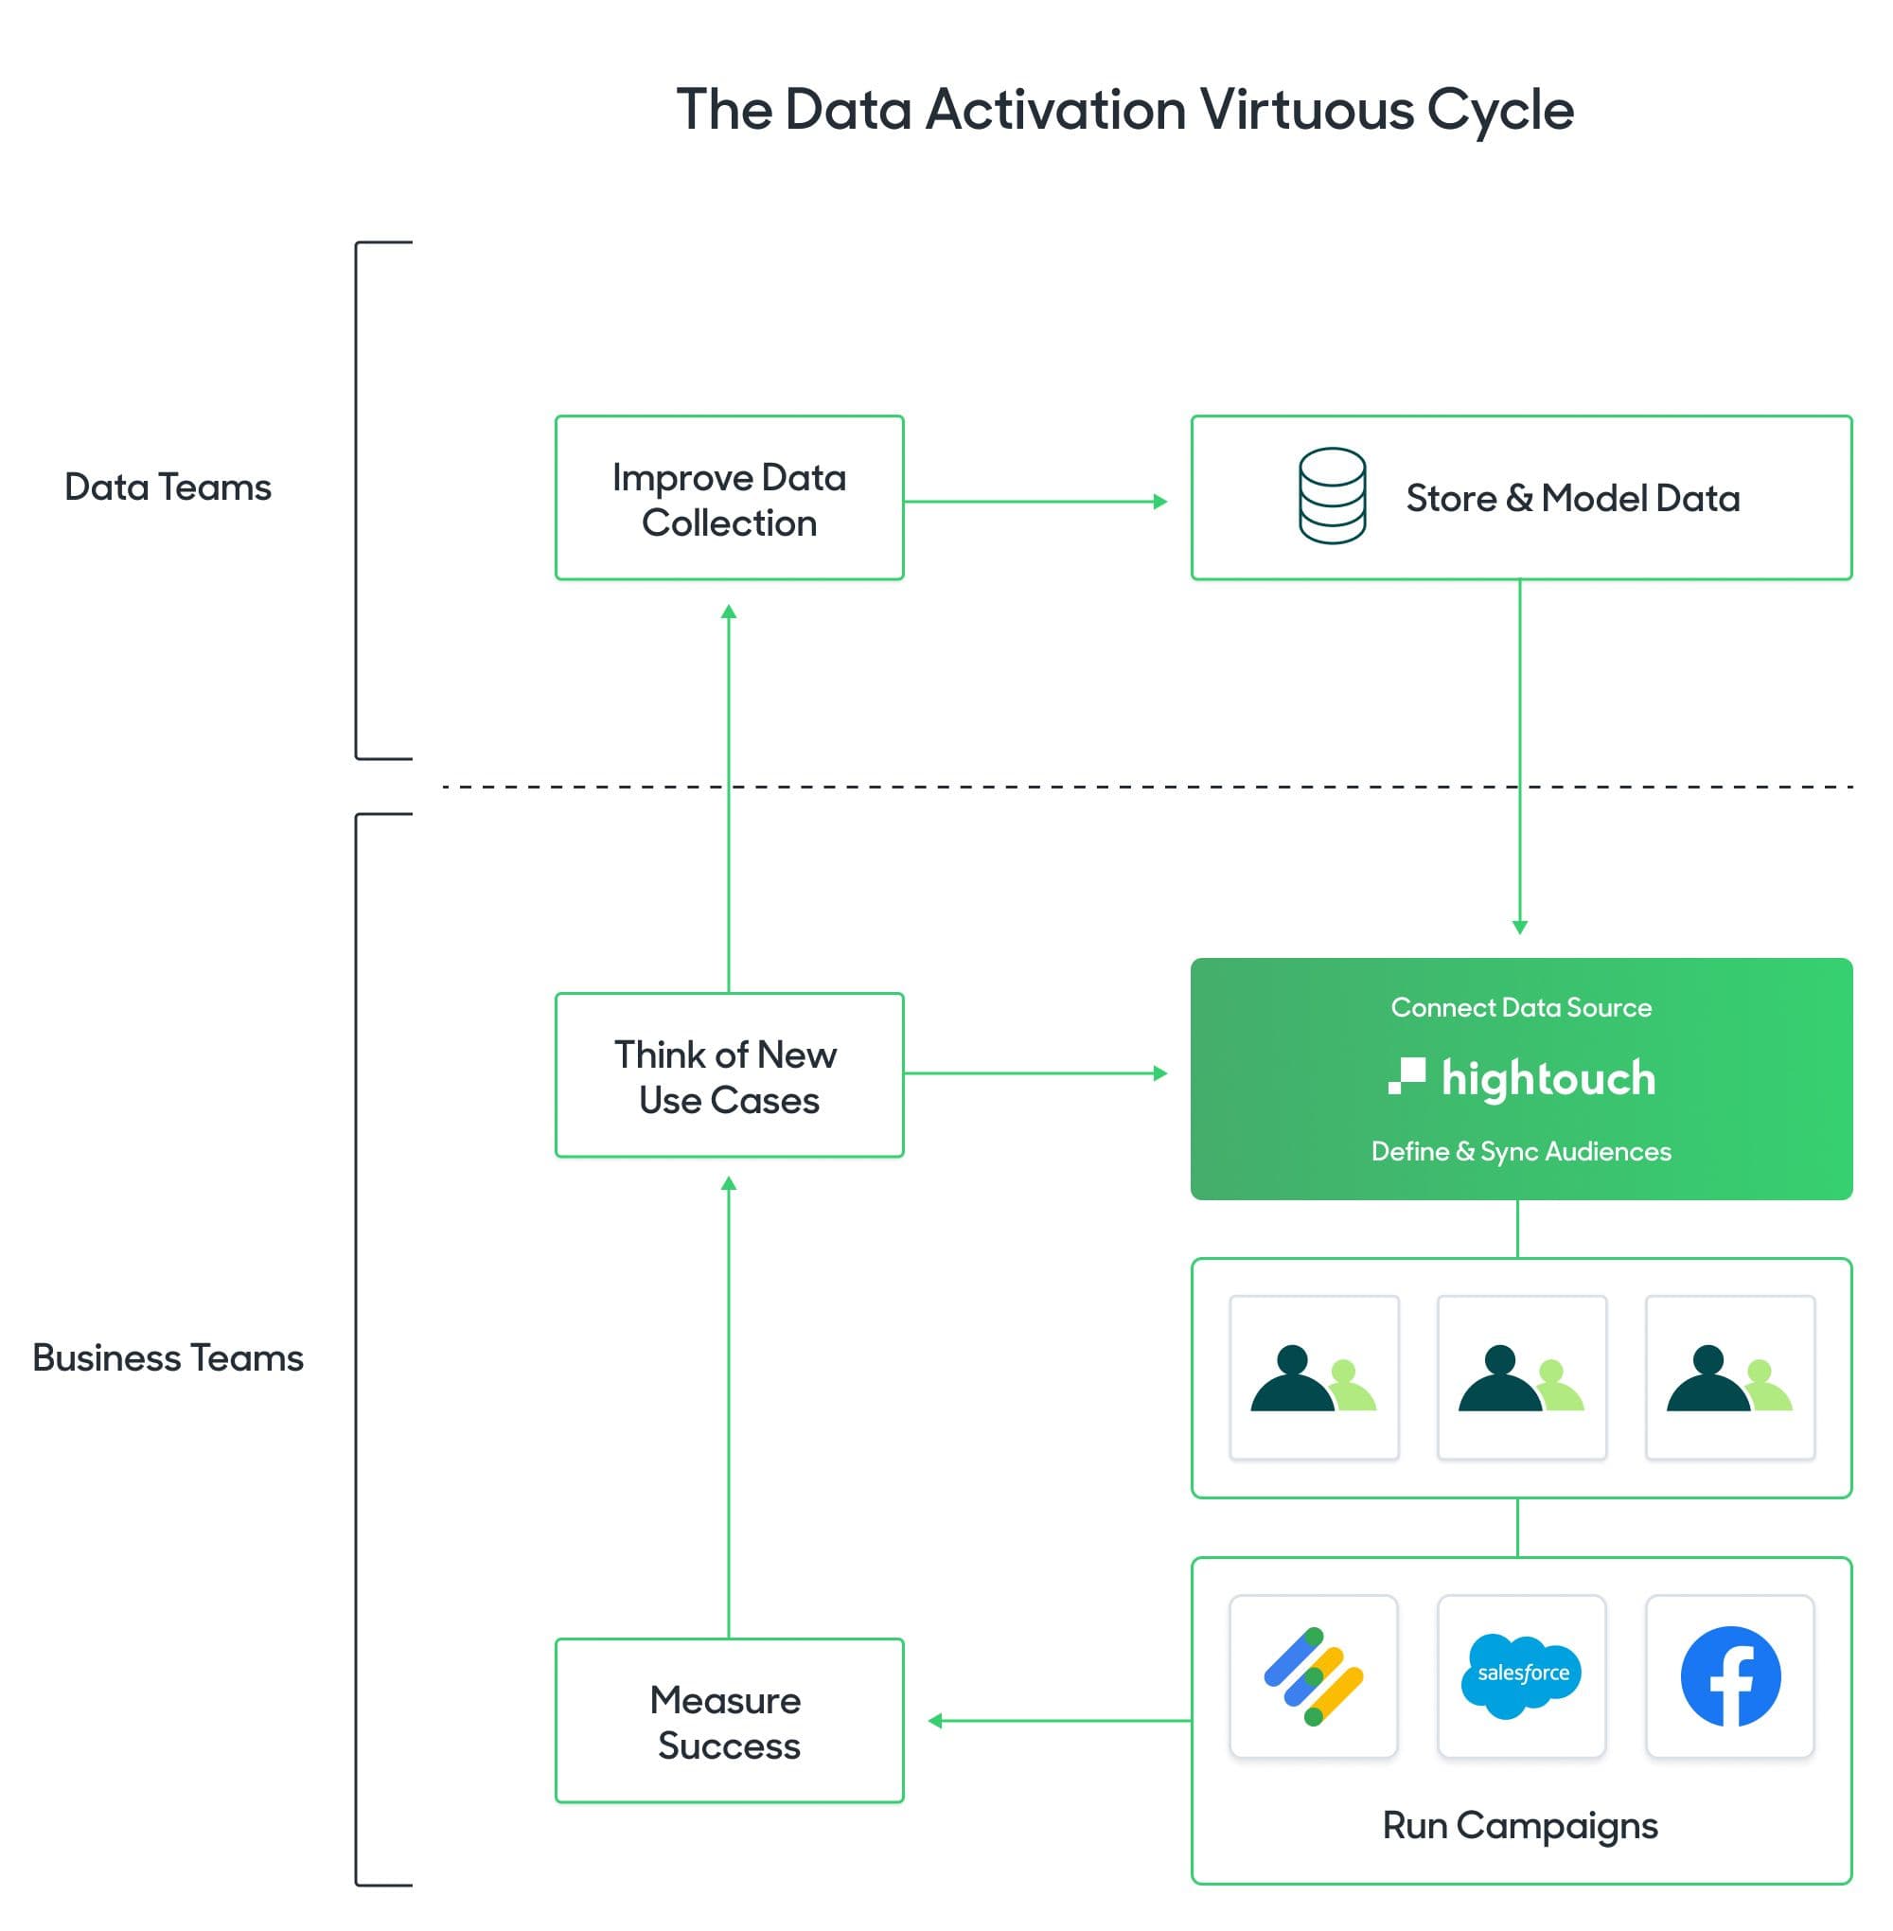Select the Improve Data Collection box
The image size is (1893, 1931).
[x=729, y=498]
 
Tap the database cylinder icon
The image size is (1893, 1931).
[x=1332, y=495]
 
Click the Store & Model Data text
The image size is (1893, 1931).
[x=1572, y=498]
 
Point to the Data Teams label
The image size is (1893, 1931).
[x=167, y=487]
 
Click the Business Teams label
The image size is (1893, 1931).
[x=167, y=1357]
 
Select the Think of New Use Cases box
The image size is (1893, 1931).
[x=729, y=1075]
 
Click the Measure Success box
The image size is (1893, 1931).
[x=729, y=1721]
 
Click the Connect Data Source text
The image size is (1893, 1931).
[x=1520, y=1007]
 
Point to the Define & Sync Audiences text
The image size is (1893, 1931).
[x=1520, y=1151]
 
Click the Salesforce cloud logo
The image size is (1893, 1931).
[x=1521, y=1675]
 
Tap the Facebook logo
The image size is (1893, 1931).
[x=1730, y=1675]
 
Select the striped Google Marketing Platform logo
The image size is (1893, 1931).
[x=1314, y=1675]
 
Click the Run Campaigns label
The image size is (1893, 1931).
[x=1519, y=1826]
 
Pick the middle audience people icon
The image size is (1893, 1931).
[x=1521, y=1377]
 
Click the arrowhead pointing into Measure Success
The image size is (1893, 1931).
[x=934, y=1721]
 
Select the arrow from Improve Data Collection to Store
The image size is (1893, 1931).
[x=1034, y=501]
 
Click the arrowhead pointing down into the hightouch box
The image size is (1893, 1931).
[x=1519, y=927]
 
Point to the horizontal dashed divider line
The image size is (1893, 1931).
[x=1093, y=787]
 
